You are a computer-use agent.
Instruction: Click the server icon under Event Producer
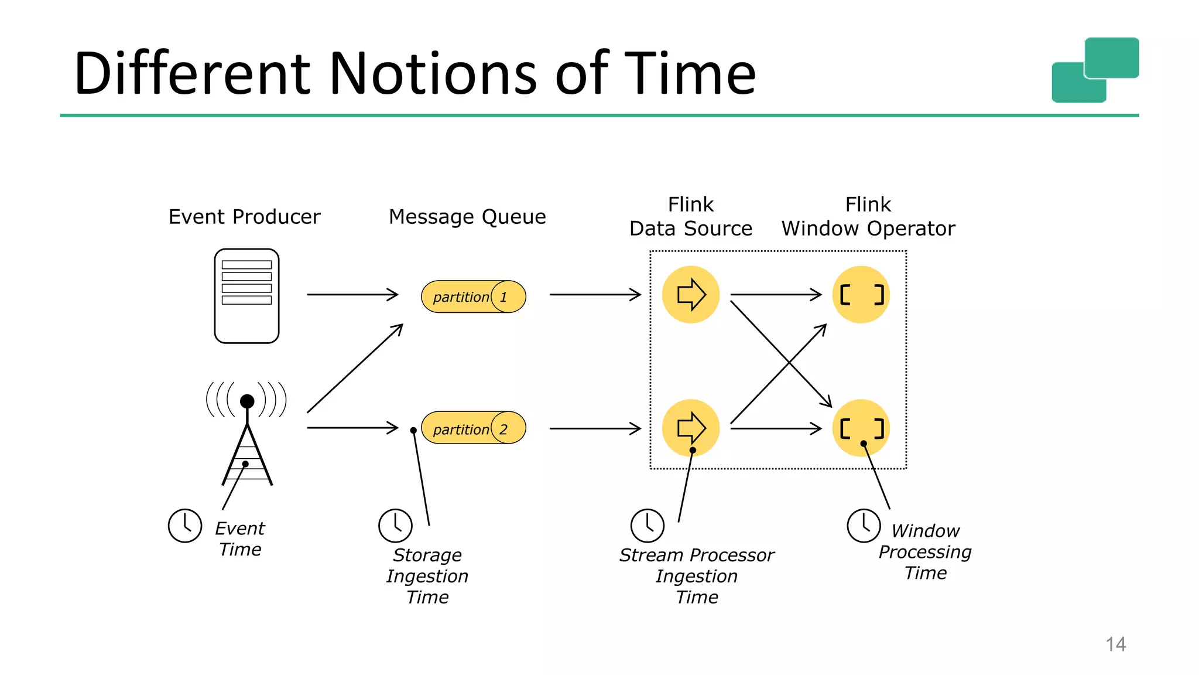246,296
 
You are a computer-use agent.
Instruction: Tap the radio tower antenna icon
247,434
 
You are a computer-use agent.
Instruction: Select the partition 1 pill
473,296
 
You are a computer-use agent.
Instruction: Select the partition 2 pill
473,428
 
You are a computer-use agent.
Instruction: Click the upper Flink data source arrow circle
691,294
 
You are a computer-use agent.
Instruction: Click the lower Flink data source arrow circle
691,428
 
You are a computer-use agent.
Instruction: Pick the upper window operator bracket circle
861,294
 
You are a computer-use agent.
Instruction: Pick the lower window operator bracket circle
861,428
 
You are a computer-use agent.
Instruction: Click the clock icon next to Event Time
185,526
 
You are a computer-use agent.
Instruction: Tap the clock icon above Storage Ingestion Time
395,526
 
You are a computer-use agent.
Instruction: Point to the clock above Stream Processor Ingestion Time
648,526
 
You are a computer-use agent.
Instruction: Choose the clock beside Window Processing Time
864,526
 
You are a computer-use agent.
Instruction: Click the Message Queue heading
467,217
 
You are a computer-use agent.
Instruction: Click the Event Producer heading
244,217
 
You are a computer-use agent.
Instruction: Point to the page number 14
1115,644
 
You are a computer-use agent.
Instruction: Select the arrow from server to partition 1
352,294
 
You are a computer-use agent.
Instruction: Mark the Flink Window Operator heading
868,217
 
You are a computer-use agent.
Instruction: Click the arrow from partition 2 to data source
595,428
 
